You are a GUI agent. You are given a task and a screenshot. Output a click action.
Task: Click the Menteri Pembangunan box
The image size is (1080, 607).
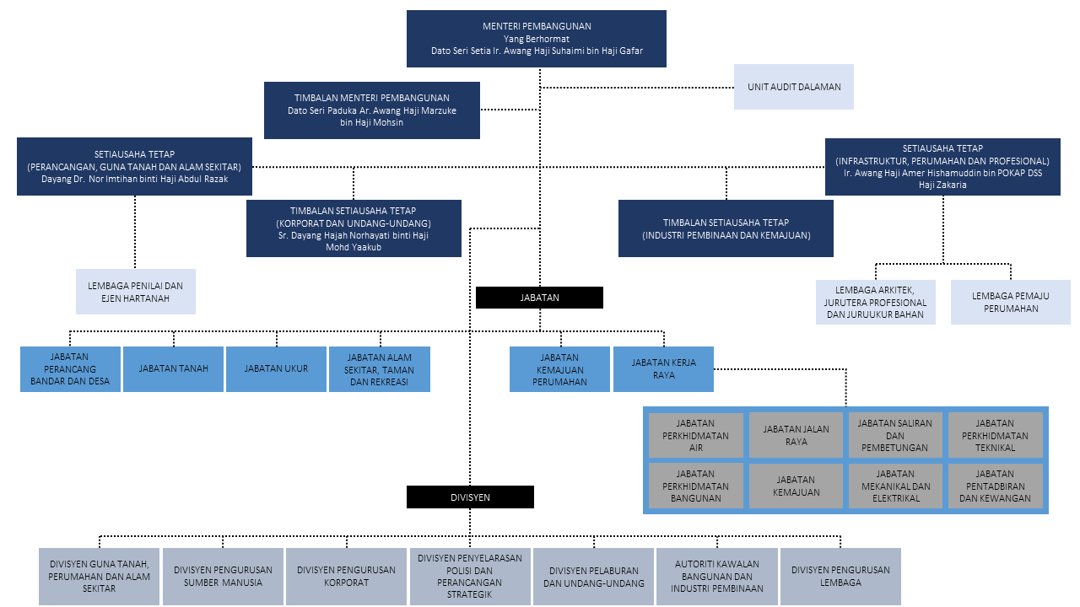pos(536,39)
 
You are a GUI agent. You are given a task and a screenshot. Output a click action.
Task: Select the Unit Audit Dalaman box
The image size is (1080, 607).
pos(794,87)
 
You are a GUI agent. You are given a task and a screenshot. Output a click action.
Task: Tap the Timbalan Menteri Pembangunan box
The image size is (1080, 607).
pos(372,110)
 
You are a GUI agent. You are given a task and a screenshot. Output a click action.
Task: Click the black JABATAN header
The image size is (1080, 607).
pos(539,298)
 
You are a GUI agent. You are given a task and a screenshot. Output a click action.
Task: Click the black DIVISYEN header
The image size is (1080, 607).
pos(470,497)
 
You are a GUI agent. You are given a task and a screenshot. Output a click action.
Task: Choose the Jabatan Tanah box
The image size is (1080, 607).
pos(173,369)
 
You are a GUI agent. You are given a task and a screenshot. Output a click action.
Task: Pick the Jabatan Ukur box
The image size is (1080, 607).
pos(276,369)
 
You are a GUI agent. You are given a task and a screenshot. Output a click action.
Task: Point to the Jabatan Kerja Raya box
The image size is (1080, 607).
pos(663,369)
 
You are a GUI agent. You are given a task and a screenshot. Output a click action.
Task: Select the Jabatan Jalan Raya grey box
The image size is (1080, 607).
pos(796,435)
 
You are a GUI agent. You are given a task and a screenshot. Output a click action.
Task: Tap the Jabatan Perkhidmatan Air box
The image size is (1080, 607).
pos(696,435)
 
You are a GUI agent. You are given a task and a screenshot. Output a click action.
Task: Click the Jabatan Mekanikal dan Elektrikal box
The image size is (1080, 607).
pos(895,486)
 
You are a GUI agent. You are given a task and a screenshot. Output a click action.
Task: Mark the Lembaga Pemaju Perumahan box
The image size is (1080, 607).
pos(1011,302)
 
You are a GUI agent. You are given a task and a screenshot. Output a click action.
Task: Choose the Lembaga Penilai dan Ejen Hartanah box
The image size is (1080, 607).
pos(136,292)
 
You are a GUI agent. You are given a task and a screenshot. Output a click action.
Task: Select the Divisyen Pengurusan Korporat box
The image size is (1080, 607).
pos(346,576)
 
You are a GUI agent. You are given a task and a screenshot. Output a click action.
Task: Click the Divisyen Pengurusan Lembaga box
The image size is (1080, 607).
pos(840,576)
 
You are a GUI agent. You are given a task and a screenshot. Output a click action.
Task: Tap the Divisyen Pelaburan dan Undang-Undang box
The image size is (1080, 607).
pos(593,576)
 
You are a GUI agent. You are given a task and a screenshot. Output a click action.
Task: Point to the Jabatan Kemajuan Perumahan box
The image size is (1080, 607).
pos(559,369)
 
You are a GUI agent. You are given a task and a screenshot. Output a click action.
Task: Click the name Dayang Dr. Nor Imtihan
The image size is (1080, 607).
pos(104,180)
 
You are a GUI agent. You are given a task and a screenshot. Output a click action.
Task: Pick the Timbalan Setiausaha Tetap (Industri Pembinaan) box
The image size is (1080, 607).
pos(726,228)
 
